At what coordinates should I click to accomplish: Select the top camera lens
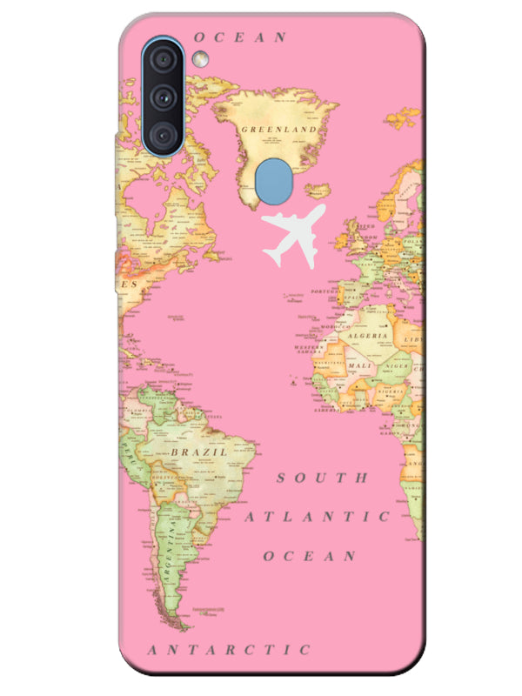[163, 59]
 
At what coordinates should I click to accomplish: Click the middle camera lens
[163, 97]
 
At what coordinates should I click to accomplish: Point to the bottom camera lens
[163, 133]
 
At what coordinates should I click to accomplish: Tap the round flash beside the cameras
[201, 59]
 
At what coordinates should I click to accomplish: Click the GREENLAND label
[278, 129]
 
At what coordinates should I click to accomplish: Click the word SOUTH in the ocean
[323, 478]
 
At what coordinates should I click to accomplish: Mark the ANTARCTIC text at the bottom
[229, 649]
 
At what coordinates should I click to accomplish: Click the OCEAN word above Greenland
[240, 37]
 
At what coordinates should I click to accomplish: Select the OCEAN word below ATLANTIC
[310, 555]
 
